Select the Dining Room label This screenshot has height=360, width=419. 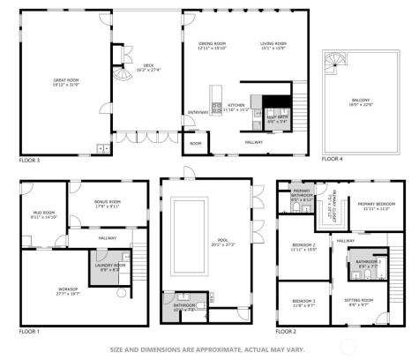click(213, 45)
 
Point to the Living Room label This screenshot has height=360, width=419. click(273, 45)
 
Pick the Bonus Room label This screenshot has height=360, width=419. click(108, 203)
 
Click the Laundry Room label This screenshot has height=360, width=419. click(106, 266)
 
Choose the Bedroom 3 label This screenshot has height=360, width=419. click(303, 303)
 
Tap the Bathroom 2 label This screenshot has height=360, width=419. click(369, 262)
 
